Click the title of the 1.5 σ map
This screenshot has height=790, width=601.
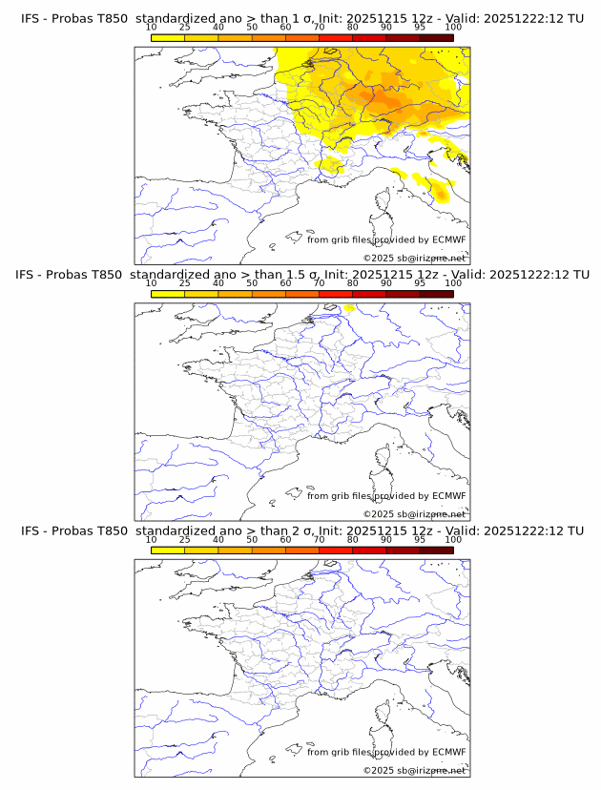click(x=301, y=274)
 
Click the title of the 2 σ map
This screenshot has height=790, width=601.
click(x=301, y=530)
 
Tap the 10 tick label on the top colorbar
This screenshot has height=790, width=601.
click(x=152, y=28)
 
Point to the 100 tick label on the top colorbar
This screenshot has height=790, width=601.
click(x=453, y=28)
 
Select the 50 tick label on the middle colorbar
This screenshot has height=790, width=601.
click(x=252, y=283)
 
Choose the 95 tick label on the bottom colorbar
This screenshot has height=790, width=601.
click(x=420, y=540)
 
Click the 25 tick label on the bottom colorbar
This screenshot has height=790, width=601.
click(x=185, y=540)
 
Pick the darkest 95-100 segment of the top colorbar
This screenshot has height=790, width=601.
click(x=436, y=37)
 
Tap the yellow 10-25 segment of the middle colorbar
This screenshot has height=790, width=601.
click(x=168, y=294)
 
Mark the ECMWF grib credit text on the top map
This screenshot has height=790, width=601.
click(x=385, y=239)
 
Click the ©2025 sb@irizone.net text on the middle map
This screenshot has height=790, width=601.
click(x=414, y=513)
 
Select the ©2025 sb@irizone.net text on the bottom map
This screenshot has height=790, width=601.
click(x=414, y=770)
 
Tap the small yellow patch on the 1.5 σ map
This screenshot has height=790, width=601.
click(x=349, y=307)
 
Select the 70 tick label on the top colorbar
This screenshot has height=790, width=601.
click(x=319, y=28)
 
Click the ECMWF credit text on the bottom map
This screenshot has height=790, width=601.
click(x=385, y=752)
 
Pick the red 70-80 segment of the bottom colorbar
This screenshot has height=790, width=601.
click(x=336, y=551)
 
